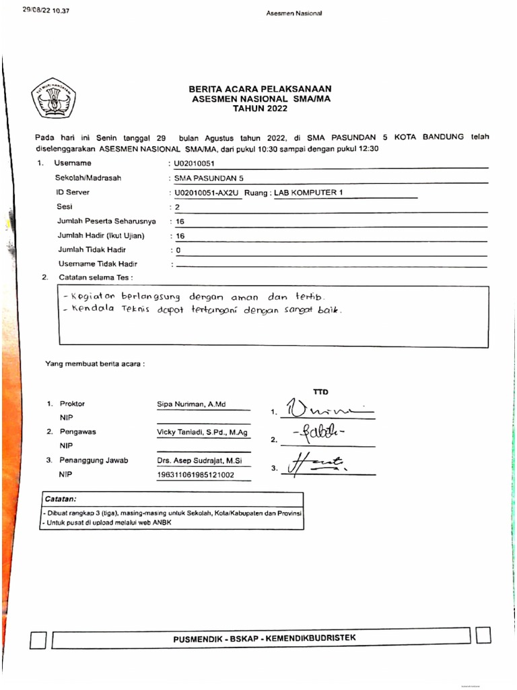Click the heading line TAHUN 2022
pos(260,108)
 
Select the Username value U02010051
pos(195,163)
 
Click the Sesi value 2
pos(176,207)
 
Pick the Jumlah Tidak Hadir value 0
pos(178,250)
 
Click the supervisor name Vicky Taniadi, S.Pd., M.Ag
pos(202,432)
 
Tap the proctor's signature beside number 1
pos(323,408)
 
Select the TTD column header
pos(320,391)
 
